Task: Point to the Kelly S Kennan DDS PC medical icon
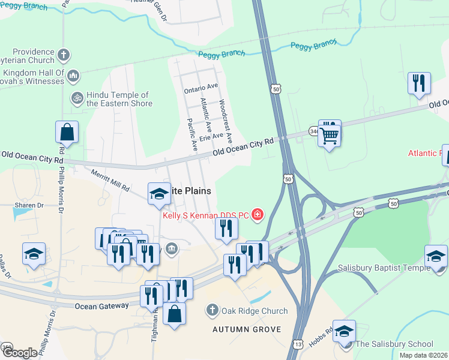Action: coord(258,214)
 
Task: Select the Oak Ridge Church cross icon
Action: coord(211,311)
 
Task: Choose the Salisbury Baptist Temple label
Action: coord(379,268)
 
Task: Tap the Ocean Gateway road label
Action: coord(102,305)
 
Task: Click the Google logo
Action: coord(20,353)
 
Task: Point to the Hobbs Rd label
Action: coord(322,337)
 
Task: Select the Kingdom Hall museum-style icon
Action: coord(73,76)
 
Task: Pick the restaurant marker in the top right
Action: coord(419,83)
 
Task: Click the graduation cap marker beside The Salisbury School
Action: coord(344,331)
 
